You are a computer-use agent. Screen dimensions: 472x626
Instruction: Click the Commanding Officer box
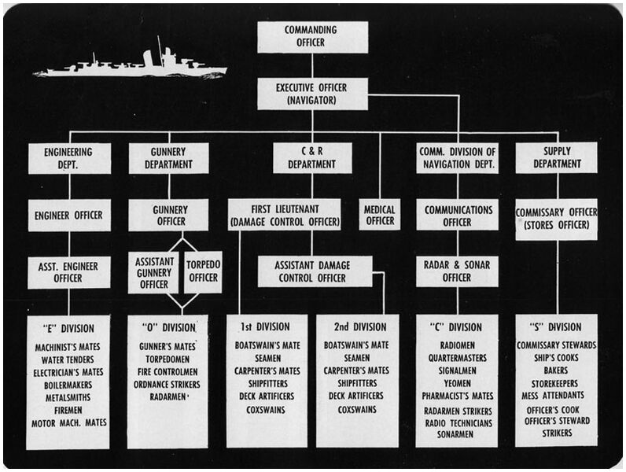pyautogui.click(x=312, y=36)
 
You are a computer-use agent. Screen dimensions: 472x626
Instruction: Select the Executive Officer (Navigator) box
pyautogui.click(x=312, y=94)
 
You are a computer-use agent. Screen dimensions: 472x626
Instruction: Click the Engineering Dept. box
pyautogui.click(x=69, y=158)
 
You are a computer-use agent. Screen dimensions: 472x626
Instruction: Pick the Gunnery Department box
pyautogui.click(x=169, y=158)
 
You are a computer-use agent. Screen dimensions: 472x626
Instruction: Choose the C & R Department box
pyautogui.click(x=312, y=158)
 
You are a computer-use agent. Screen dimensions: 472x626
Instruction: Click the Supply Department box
pyautogui.click(x=557, y=158)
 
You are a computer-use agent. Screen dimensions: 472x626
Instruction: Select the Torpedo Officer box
pyautogui.click(x=203, y=271)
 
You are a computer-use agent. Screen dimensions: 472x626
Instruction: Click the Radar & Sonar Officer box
pyautogui.click(x=457, y=271)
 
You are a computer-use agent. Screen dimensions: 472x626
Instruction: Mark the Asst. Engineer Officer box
pyautogui.click(x=69, y=271)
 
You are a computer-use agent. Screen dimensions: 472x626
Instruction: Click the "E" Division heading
pyautogui.click(x=69, y=328)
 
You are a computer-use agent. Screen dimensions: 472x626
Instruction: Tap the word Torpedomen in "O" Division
pyautogui.click(x=168, y=359)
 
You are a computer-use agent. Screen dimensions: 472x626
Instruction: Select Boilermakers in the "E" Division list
pyautogui.click(x=69, y=385)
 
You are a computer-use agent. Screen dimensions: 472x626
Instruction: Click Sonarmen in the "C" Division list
pyautogui.click(x=456, y=435)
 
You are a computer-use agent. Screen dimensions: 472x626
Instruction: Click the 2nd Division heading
pyautogui.click(x=357, y=327)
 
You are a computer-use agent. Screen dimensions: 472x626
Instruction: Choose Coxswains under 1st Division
pyautogui.click(x=267, y=410)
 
